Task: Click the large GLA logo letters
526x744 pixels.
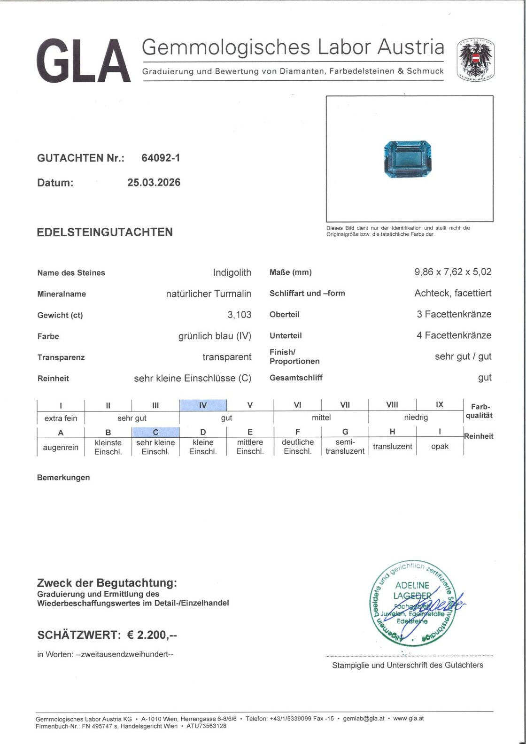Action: coord(83,61)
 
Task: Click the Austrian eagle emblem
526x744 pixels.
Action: coord(476,59)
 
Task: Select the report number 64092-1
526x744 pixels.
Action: coord(161,158)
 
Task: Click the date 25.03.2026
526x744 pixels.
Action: coord(154,182)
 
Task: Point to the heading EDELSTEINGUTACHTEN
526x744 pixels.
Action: coord(105,232)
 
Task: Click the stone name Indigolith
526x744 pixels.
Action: coord(232,272)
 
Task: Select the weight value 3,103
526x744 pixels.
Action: coord(239,315)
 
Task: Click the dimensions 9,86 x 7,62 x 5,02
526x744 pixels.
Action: coord(452,271)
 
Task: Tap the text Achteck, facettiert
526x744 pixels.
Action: coord(452,293)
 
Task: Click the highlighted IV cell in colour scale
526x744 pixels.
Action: coord(203,405)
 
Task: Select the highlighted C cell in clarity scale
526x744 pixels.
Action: coord(155,432)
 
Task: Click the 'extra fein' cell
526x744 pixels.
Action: coord(61,418)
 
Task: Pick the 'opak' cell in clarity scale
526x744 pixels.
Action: coord(440,446)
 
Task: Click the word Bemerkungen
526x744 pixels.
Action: coord(63,477)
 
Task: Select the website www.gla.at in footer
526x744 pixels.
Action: coord(408,718)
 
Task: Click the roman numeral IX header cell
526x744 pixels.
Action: coord(440,404)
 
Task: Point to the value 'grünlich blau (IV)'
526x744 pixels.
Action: coord(215,336)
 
